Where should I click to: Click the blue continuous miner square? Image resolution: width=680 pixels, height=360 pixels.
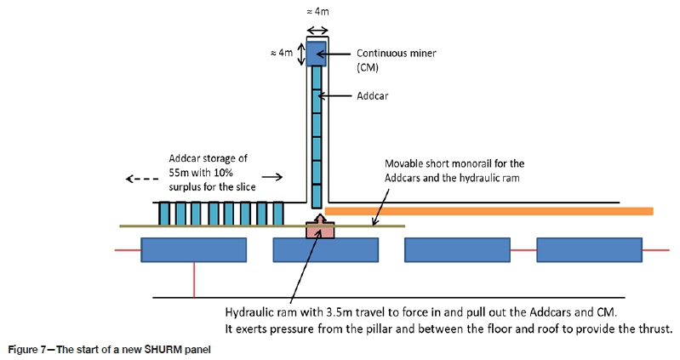coord(317,53)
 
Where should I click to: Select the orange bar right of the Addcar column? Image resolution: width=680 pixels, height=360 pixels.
coord(489,210)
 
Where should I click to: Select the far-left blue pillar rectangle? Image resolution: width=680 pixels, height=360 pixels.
coord(193,249)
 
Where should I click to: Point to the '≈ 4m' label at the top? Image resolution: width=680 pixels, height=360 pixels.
coord(317,10)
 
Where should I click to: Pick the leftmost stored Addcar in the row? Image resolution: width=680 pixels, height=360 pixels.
coord(164,214)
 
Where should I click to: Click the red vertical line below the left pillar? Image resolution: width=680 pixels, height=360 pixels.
coord(195,280)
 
